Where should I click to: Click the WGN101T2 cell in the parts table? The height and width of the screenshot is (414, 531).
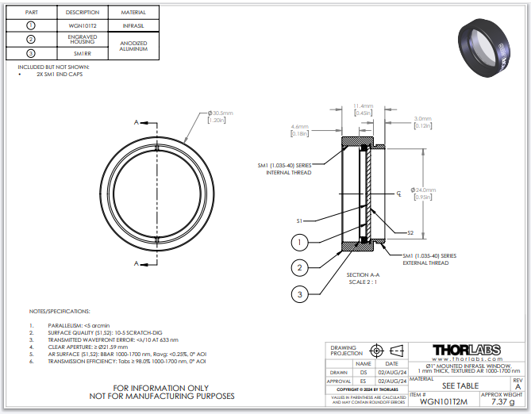(83, 25)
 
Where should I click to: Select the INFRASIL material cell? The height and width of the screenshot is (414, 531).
(133, 25)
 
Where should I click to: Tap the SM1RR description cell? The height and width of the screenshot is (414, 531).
(83, 53)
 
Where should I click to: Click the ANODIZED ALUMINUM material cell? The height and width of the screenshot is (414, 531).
(133, 45)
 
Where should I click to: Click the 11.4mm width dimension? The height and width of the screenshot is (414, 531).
(364, 105)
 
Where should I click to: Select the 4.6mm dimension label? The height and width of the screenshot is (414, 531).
(300, 127)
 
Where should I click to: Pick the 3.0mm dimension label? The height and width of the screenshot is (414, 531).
(422, 120)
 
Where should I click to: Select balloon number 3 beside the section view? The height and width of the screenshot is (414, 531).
(298, 294)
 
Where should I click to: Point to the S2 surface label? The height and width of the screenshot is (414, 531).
(410, 232)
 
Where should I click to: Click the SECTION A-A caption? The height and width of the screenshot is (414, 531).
(364, 274)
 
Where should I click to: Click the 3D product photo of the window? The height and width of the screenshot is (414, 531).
(487, 47)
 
